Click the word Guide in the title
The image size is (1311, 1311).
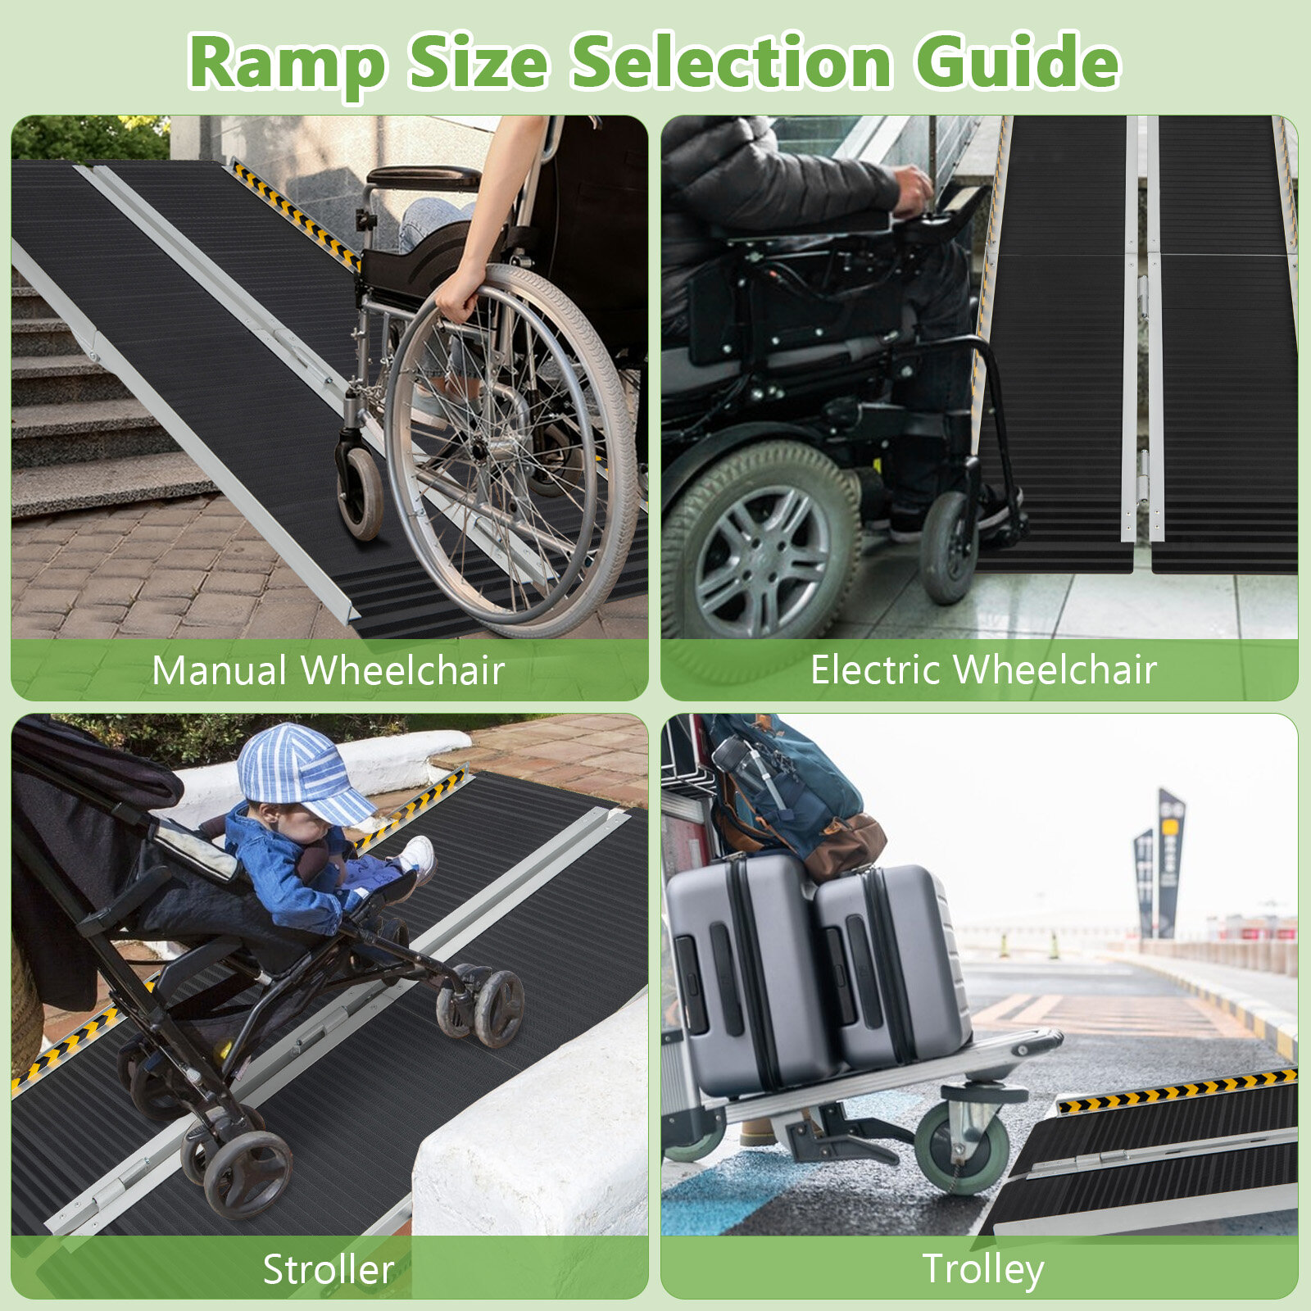point(1017,61)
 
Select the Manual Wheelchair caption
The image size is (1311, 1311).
point(328,670)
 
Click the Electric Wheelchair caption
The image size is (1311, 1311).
point(983,669)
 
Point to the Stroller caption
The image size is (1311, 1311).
point(329,1269)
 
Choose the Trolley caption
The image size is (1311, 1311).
point(983,1270)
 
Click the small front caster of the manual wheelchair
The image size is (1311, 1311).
point(360,492)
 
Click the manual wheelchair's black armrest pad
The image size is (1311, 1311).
point(423,177)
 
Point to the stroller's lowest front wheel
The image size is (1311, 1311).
point(247,1173)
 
